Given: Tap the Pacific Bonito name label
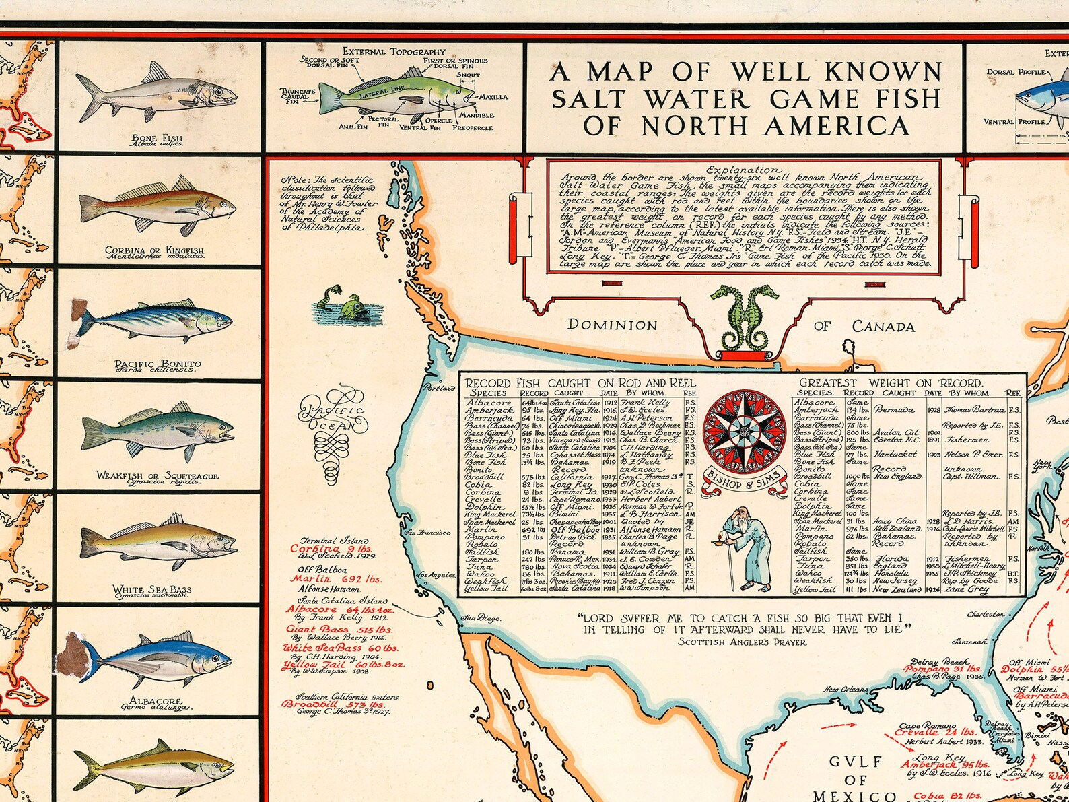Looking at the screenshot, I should pyautogui.click(x=158, y=364).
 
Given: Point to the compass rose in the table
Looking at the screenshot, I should pyautogui.click(x=743, y=431).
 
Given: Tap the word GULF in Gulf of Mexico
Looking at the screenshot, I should pyautogui.click(x=856, y=762).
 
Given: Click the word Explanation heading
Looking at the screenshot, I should pyautogui.click(x=743, y=170).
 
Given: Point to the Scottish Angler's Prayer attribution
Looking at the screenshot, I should pyautogui.click(x=743, y=642).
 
